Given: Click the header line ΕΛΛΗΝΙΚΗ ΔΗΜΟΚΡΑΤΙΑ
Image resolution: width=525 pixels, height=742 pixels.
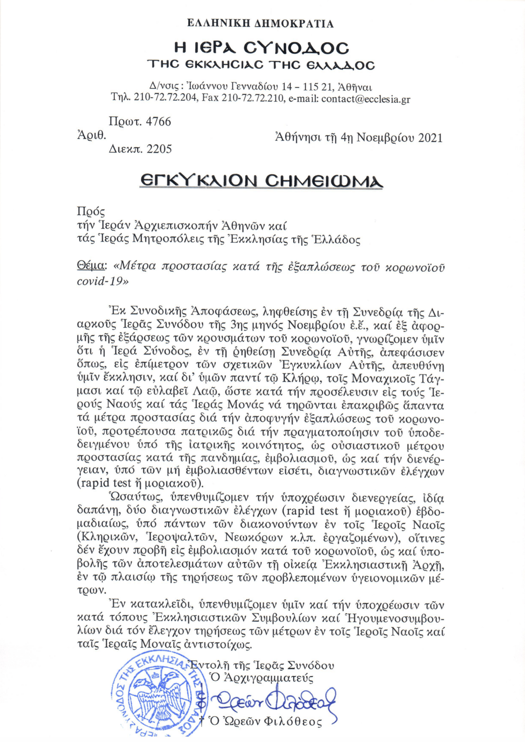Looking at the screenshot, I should click(260, 24).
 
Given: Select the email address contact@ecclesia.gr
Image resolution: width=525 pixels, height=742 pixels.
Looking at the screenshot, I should click(366, 99).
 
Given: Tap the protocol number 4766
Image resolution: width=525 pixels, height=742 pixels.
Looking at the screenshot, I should click(158, 122).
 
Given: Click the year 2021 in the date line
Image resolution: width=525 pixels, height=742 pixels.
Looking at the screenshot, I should click(430, 138).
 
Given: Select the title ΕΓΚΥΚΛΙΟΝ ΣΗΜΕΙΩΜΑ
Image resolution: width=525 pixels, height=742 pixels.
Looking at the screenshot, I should click(261, 181).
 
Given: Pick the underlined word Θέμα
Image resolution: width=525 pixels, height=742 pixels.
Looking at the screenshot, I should click(90, 266).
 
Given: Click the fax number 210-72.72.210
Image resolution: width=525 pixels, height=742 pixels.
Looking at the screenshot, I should click(252, 99).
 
